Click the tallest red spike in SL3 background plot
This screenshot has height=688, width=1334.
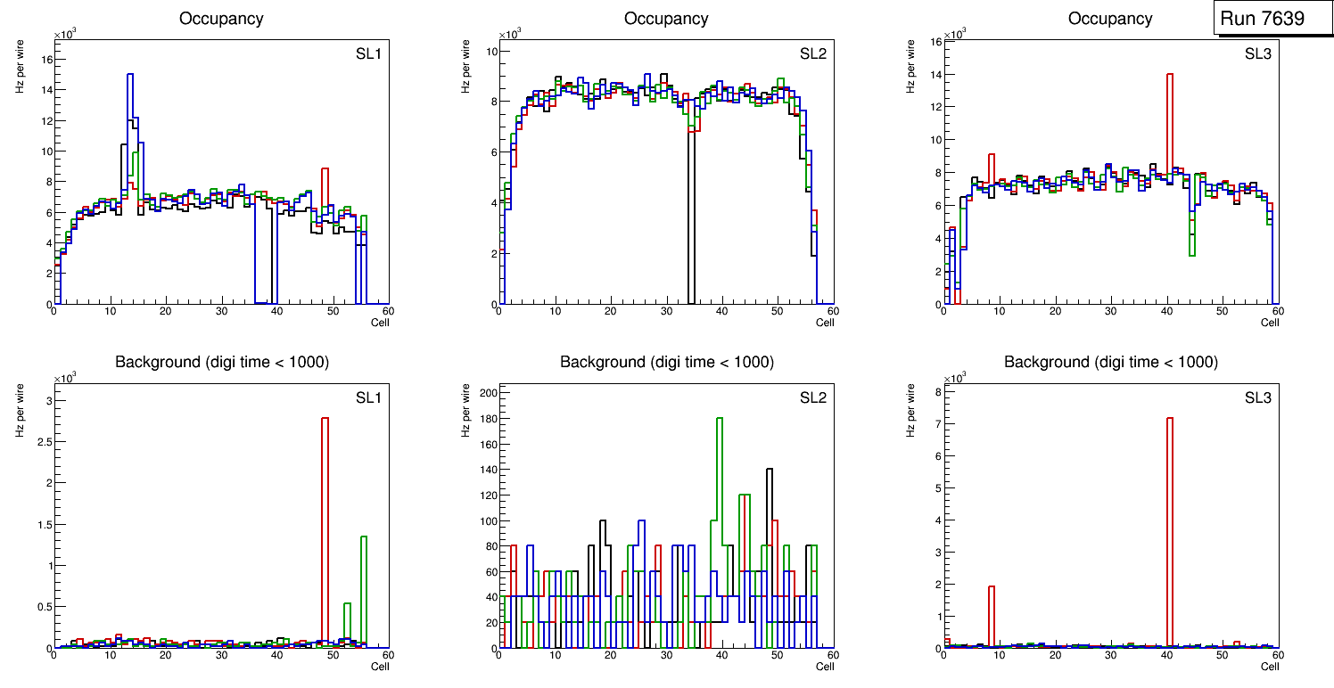(1169, 419)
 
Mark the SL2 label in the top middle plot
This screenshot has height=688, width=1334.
(812, 53)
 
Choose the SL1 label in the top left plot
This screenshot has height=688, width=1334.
(368, 53)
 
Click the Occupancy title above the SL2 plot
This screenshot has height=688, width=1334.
(666, 19)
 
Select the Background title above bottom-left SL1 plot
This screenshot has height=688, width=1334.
(222, 362)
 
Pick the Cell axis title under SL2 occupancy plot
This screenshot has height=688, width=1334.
(825, 323)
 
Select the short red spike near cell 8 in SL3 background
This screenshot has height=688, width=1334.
(991, 587)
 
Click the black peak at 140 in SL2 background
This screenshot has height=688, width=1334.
(769, 470)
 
